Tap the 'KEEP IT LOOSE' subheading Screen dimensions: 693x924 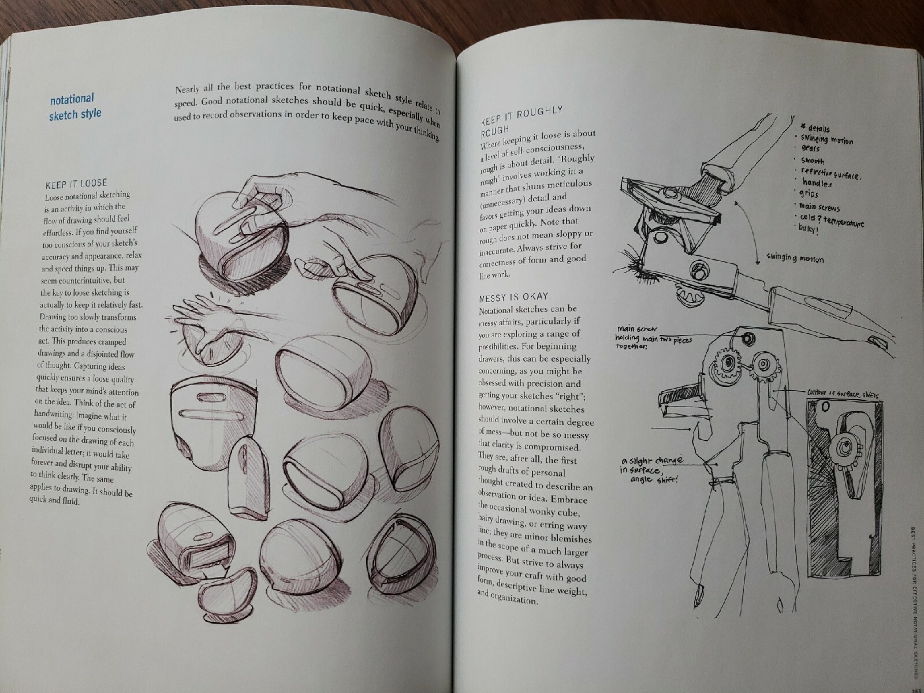76,184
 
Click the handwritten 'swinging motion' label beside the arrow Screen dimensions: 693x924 795,259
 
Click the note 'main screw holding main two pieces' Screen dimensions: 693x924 653,337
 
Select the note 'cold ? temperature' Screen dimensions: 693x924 832,219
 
